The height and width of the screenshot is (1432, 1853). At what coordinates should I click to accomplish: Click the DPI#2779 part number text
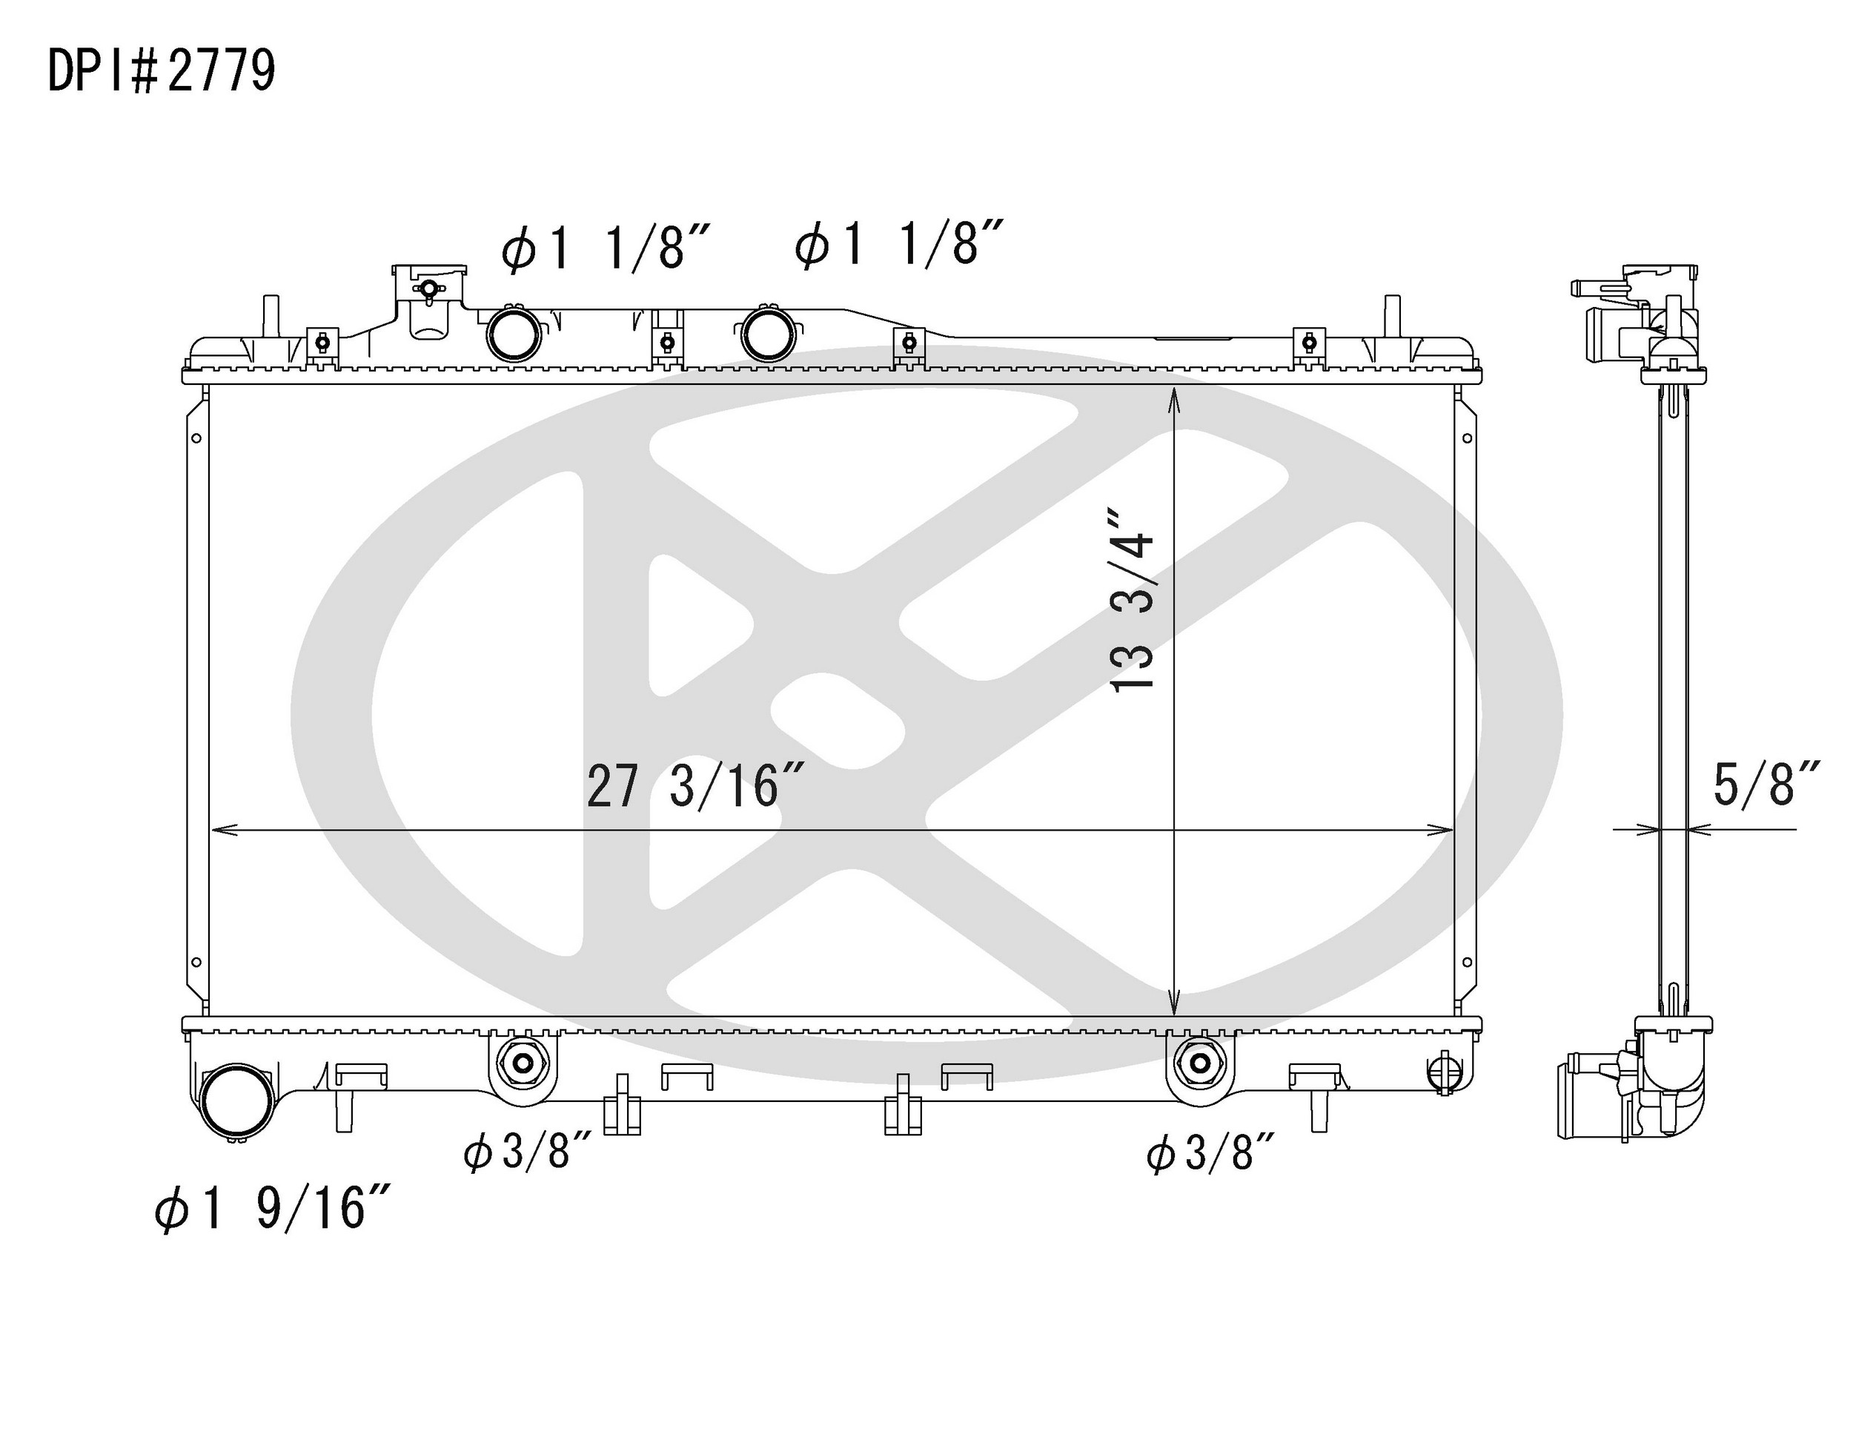[161, 71]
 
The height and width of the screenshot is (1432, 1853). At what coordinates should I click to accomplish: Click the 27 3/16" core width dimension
[694, 785]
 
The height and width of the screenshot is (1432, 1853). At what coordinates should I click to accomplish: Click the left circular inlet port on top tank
[514, 334]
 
